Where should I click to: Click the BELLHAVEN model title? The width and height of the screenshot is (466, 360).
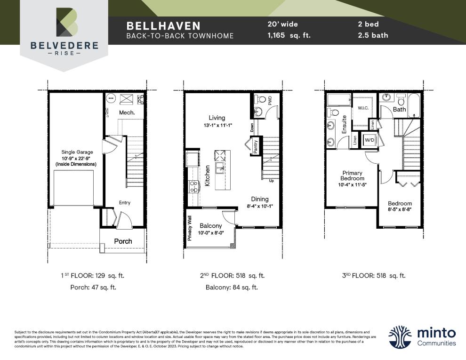click(163, 25)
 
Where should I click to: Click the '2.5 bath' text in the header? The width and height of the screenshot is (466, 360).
click(373, 35)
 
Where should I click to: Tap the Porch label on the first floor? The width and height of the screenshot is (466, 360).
click(123, 241)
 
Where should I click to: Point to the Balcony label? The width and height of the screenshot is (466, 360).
click(210, 226)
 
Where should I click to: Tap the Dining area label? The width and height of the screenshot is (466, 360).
click(259, 199)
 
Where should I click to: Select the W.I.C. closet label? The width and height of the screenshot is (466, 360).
click(363, 108)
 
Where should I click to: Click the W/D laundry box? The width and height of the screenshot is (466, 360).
click(370, 140)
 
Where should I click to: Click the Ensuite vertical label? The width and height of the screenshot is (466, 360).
click(345, 125)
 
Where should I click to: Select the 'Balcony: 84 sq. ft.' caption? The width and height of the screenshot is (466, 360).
click(232, 287)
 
